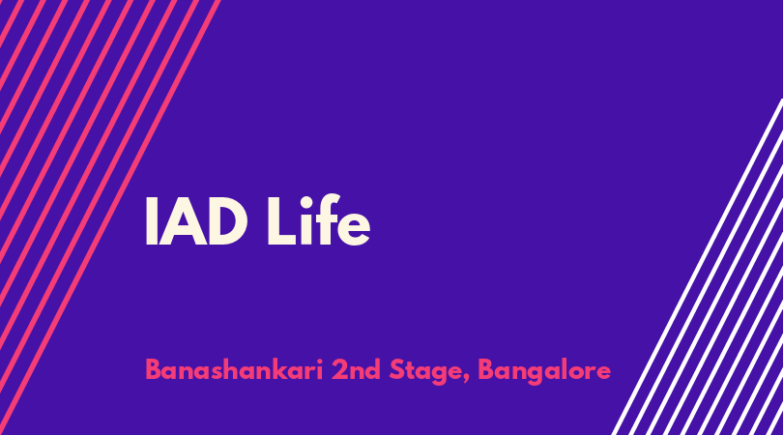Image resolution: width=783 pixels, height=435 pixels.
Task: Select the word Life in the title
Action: click(319, 219)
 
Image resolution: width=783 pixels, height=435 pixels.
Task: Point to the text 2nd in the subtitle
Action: click(356, 370)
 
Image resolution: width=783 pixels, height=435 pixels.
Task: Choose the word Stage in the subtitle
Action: click(426, 372)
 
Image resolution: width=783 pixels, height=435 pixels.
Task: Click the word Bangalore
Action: click(544, 372)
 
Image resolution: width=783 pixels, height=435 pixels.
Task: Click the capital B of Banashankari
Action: click(154, 370)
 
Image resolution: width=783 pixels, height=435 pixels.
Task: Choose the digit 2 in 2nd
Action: click(339, 370)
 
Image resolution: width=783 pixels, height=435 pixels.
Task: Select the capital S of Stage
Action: click(396, 370)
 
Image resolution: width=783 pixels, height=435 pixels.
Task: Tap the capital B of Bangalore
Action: click(486, 370)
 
